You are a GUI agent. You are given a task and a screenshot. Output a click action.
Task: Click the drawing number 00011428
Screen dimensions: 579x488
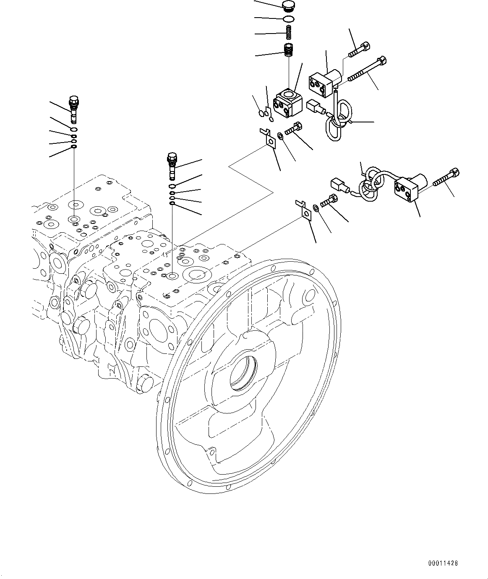click(444, 563)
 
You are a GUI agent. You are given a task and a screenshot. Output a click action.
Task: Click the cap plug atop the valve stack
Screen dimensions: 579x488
click(288, 6)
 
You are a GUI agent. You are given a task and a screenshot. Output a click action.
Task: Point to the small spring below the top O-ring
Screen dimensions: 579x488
click(289, 32)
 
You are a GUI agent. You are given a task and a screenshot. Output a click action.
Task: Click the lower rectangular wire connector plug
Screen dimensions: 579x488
click(339, 185)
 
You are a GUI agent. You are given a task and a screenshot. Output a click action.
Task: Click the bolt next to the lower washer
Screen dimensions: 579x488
click(329, 201)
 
